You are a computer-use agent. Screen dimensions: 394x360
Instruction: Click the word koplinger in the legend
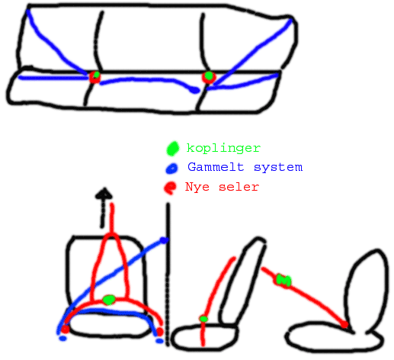tap(223, 148)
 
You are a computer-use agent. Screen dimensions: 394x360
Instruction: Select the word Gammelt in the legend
tap(216, 167)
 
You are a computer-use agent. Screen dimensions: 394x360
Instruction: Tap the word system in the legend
tap(278, 168)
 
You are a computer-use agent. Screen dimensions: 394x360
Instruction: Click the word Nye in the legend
tap(197, 187)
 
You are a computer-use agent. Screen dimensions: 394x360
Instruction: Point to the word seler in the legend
tap(239, 187)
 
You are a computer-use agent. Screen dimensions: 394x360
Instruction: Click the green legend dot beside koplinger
tap(173, 148)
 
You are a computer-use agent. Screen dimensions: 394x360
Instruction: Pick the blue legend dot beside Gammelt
tap(172, 169)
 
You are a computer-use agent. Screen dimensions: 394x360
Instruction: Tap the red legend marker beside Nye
tap(170, 188)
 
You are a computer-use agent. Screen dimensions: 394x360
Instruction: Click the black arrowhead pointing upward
tap(104, 193)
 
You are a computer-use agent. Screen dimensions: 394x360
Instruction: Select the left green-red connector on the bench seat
tap(95, 76)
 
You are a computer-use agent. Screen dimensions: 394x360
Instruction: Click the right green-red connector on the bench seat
tap(209, 77)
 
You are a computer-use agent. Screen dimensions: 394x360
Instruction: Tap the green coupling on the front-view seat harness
tap(109, 300)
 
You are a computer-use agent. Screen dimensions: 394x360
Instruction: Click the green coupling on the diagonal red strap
tap(283, 280)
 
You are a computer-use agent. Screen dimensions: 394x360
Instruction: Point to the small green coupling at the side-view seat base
tap(203, 319)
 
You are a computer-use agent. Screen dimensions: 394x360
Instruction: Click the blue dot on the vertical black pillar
tap(164, 239)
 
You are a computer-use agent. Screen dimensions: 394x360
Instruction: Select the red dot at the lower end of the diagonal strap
tap(344, 324)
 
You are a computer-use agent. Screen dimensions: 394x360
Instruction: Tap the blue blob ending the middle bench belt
tap(194, 90)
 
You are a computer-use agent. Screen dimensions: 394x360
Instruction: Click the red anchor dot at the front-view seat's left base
tap(65, 329)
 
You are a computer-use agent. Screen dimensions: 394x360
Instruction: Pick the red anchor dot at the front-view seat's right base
tap(160, 332)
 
